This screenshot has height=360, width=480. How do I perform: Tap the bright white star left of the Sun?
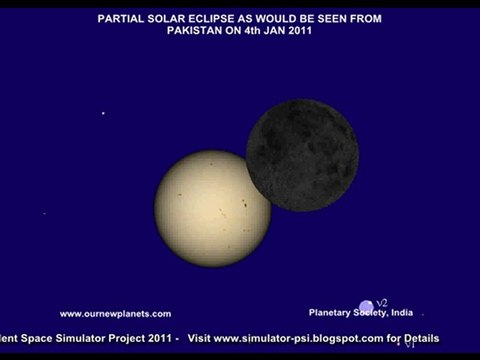pos(103,113)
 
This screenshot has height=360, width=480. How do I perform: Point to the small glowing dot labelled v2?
pos(367,305)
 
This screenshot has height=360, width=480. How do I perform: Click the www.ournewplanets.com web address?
pos(115,313)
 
